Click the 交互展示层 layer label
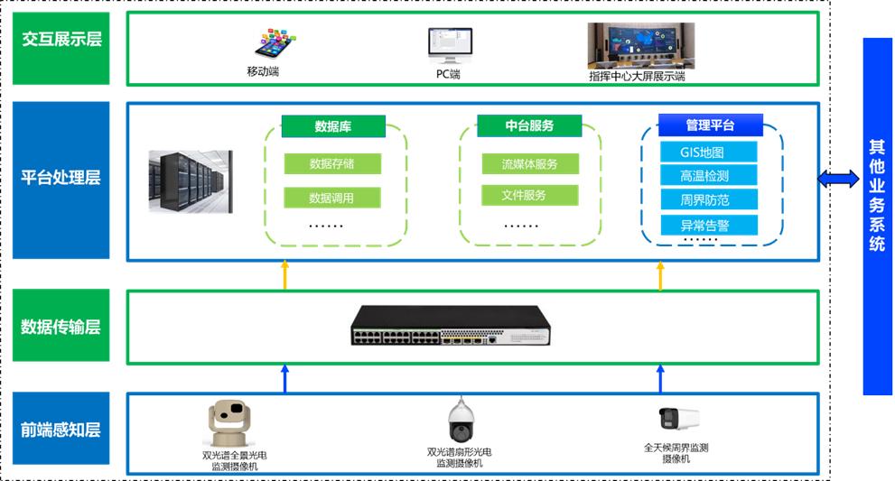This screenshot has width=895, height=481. coord(61,41)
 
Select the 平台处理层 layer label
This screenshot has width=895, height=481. coord(61,178)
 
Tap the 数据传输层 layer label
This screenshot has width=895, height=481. coord(61,327)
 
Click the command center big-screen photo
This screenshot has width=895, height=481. coord(640,45)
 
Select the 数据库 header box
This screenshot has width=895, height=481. coord(333,126)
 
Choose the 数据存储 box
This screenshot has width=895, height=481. coord(332,164)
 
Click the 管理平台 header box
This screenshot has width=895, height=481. coord(710,125)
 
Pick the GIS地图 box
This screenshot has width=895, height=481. coord(707,152)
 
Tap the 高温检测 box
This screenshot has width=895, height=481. coord(707,175)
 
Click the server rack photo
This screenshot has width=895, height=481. coord(191,181)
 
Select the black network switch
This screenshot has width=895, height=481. coord(452,327)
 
